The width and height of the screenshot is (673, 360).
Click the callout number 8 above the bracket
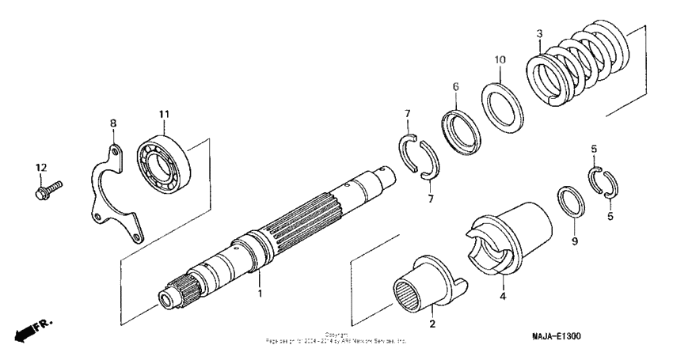tap(112, 123)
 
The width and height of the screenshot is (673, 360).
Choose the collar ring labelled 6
tap(461, 130)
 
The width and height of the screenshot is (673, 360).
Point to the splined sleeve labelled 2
tap(424, 284)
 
